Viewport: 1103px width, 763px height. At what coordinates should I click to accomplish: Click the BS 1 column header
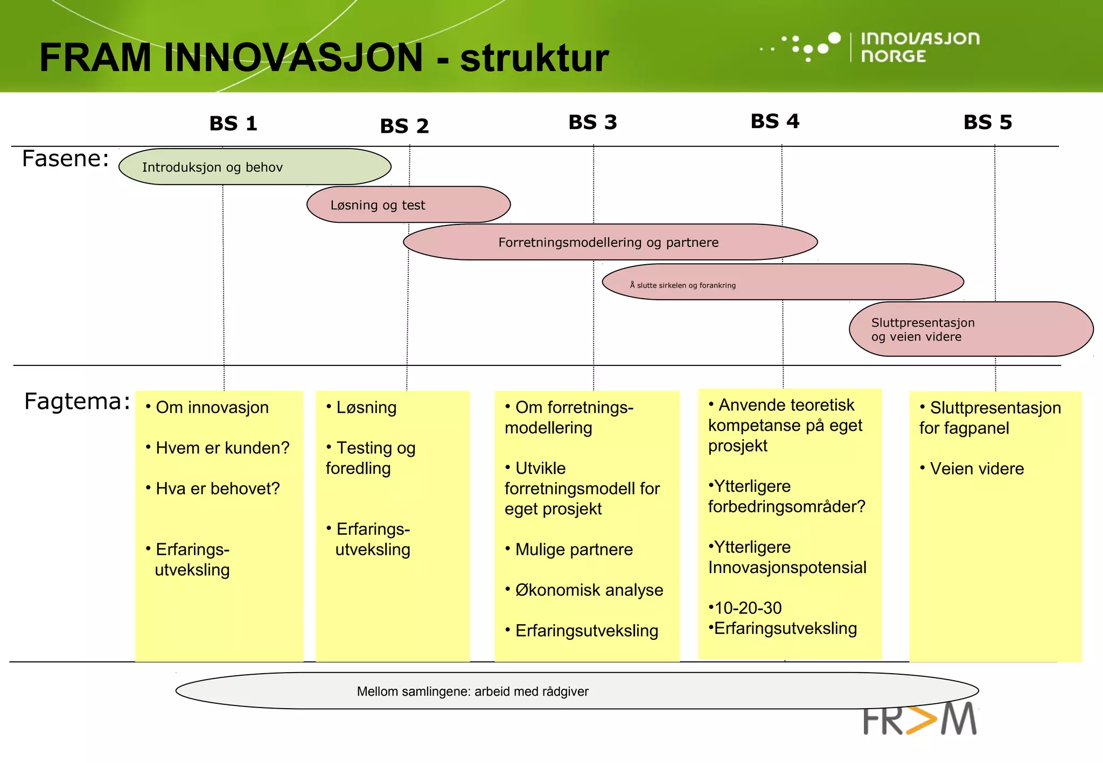click(x=233, y=124)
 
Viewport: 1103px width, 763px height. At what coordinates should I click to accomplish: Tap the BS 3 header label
click(x=592, y=123)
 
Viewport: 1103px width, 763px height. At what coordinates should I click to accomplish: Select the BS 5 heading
click(x=987, y=123)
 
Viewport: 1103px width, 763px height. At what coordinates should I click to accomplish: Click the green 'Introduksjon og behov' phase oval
click(x=255, y=167)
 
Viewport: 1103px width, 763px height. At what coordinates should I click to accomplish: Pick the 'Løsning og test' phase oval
click(x=408, y=204)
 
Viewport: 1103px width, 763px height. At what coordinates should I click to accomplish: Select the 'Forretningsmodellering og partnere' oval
click(x=610, y=242)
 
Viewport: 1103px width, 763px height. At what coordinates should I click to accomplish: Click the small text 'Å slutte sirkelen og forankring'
click(x=682, y=285)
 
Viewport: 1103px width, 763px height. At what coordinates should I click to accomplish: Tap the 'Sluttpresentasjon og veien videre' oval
click(x=971, y=329)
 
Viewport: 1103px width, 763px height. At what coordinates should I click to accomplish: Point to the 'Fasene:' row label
click(x=65, y=159)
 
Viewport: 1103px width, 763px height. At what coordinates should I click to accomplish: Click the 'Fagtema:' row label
click(x=77, y=402)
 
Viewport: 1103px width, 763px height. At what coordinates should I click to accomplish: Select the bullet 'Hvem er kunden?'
click(x=222, y=448)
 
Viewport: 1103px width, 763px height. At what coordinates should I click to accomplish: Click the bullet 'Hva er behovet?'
click(x=217, y=489)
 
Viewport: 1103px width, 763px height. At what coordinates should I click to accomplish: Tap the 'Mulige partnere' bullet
click(x=574, y=549)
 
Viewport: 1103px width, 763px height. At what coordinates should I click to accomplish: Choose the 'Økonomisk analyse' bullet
click(x=589, y=590)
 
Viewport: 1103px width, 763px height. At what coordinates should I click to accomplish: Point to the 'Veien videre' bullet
click(x=976, y=469)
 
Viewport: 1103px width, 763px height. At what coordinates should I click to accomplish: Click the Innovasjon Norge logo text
click(x=919, y=47)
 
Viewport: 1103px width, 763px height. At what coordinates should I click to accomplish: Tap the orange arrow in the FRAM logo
click(x=922, y=720)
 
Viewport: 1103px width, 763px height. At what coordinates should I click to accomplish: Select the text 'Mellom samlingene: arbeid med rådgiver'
click(x=472, y=691)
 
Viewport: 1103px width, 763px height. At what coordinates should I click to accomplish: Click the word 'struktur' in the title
click(x=534, y=58)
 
